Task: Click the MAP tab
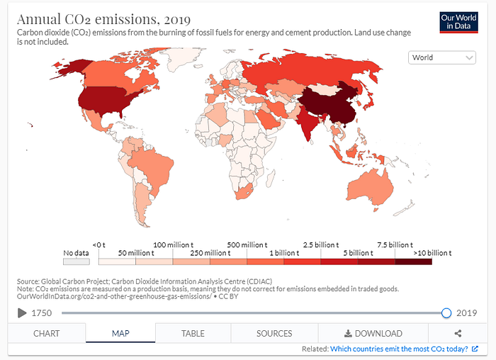tap(120, 333)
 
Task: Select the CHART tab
tap(47, 333)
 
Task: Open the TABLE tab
tap(193, 333)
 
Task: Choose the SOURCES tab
tap(274, 333)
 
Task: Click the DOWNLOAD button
tap(373, 333)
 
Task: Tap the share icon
tap(458, 333)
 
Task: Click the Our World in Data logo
tap(458, 21)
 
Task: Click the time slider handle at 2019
tap(446, 313)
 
